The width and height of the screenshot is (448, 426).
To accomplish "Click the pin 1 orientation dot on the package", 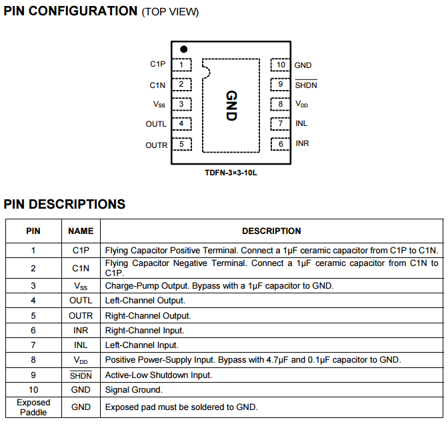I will click(x=183, y=49).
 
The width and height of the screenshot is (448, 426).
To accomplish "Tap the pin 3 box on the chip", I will click(x=181, y=105).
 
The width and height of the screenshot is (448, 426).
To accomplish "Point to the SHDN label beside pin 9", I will click(x=306, y=85).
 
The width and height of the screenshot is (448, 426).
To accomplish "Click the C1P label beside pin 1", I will click(x=157, y=65).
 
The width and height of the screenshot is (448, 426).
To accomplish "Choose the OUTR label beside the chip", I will click(x=156, y=145).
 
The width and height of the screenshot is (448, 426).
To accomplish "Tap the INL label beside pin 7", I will click(x=301, y=124).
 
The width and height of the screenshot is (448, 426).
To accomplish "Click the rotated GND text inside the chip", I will click(x=231, y=105).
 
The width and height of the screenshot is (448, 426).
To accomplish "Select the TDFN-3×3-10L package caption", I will click(x=231, y=173).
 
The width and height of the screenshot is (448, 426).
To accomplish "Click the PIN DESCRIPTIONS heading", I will click(x=65, y=205).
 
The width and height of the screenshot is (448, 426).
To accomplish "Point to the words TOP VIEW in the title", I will click(x=170, y=13).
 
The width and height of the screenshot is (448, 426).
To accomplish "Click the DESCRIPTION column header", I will click(x=271, y=231).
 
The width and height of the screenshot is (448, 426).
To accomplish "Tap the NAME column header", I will click(x=81, y=231).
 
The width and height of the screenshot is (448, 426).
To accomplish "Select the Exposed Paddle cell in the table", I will click(x=33, y=407).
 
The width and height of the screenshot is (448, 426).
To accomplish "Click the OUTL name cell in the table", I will click(x=81, y=301).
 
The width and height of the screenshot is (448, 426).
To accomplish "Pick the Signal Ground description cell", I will click(x=133, y=390).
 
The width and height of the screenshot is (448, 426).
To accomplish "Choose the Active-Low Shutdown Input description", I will click(x=159, y=375).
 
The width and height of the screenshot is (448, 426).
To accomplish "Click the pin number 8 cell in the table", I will click(x=33, y=360).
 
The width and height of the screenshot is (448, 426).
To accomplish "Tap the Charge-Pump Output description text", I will click(x=219, y=286).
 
